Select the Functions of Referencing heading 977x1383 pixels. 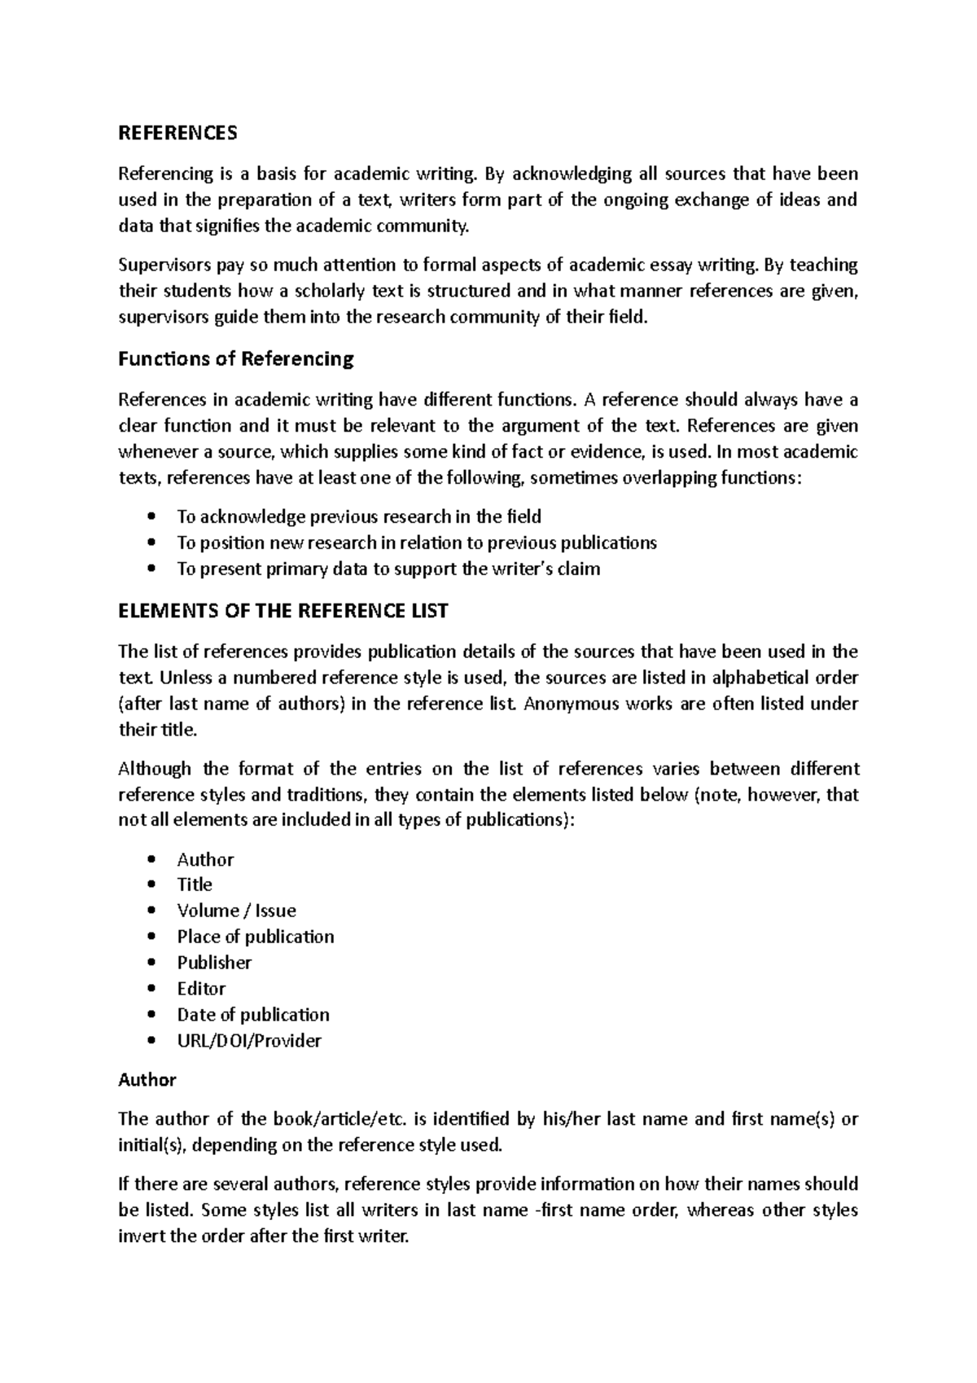click(236, 358)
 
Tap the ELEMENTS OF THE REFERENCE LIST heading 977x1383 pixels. click(283, 611)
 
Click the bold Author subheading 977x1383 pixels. click(147, 1079)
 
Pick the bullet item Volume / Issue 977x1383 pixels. click(236, 911)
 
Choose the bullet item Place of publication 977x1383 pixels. click(256, 937)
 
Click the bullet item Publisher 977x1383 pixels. click(214, 963)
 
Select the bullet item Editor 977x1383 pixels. click(201, 989)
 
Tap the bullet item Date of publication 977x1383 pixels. click(253, 1015)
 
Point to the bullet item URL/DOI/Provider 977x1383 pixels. click(249, 1041)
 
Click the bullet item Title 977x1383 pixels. click(195, 885)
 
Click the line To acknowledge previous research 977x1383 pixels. click(358, 516)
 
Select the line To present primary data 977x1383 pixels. click(388, 569)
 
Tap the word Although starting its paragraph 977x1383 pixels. click(155, 768)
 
